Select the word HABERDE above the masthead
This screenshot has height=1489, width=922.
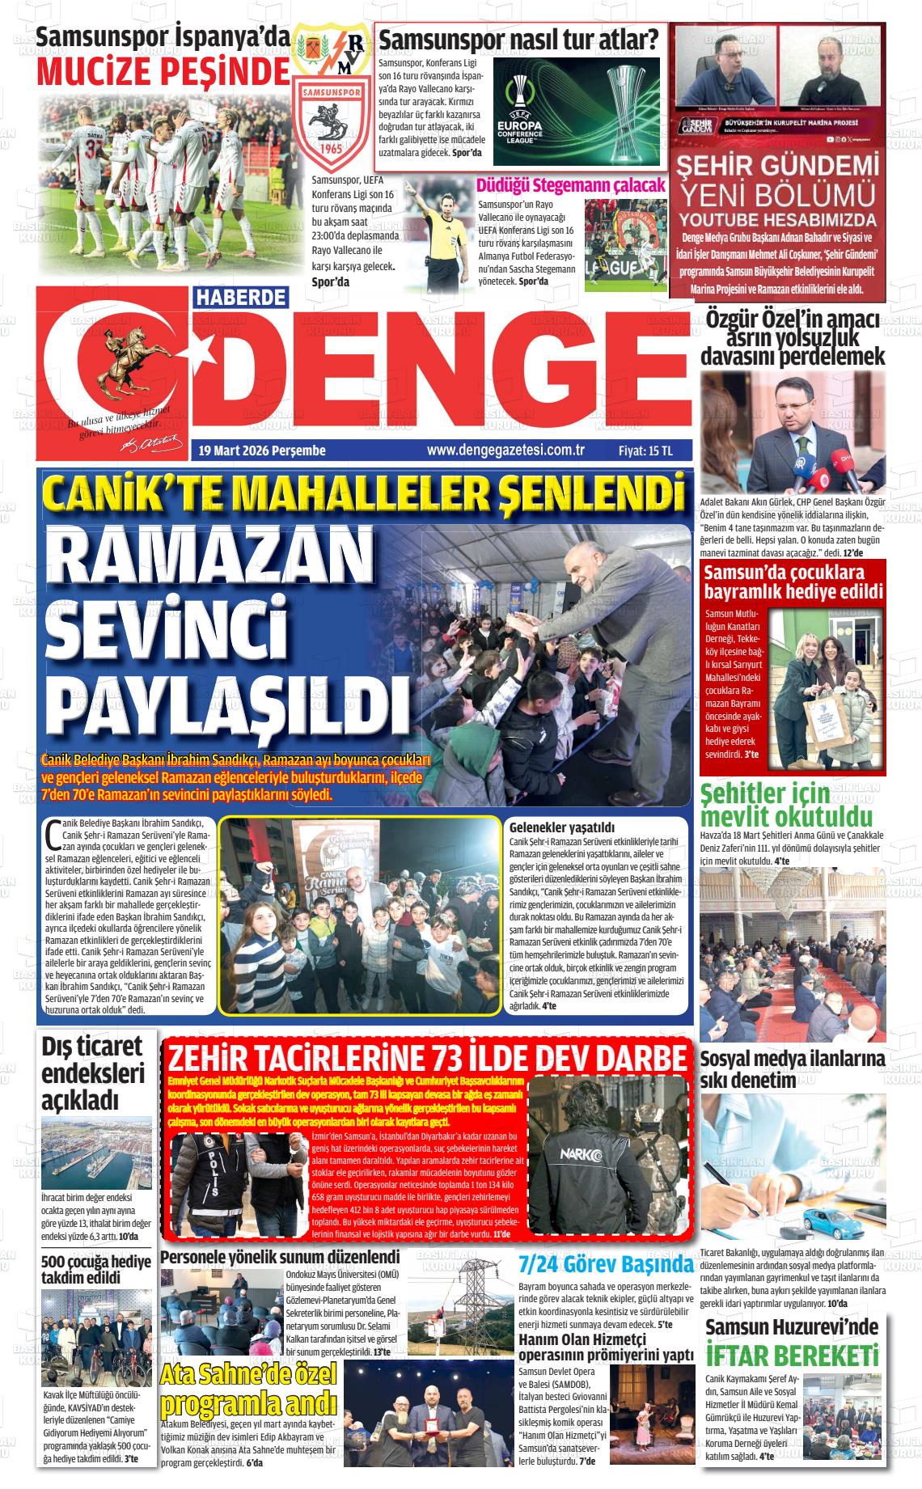point(241,297)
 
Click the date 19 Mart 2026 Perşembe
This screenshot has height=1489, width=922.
point(262,451)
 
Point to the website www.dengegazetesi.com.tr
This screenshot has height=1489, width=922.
point(505,451)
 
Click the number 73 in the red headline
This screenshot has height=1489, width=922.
point(446,1058)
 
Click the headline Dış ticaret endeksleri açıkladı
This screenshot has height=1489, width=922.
point(93,1072)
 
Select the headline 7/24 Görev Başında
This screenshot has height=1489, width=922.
point(606,1265)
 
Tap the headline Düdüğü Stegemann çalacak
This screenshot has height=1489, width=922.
point(571,185)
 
